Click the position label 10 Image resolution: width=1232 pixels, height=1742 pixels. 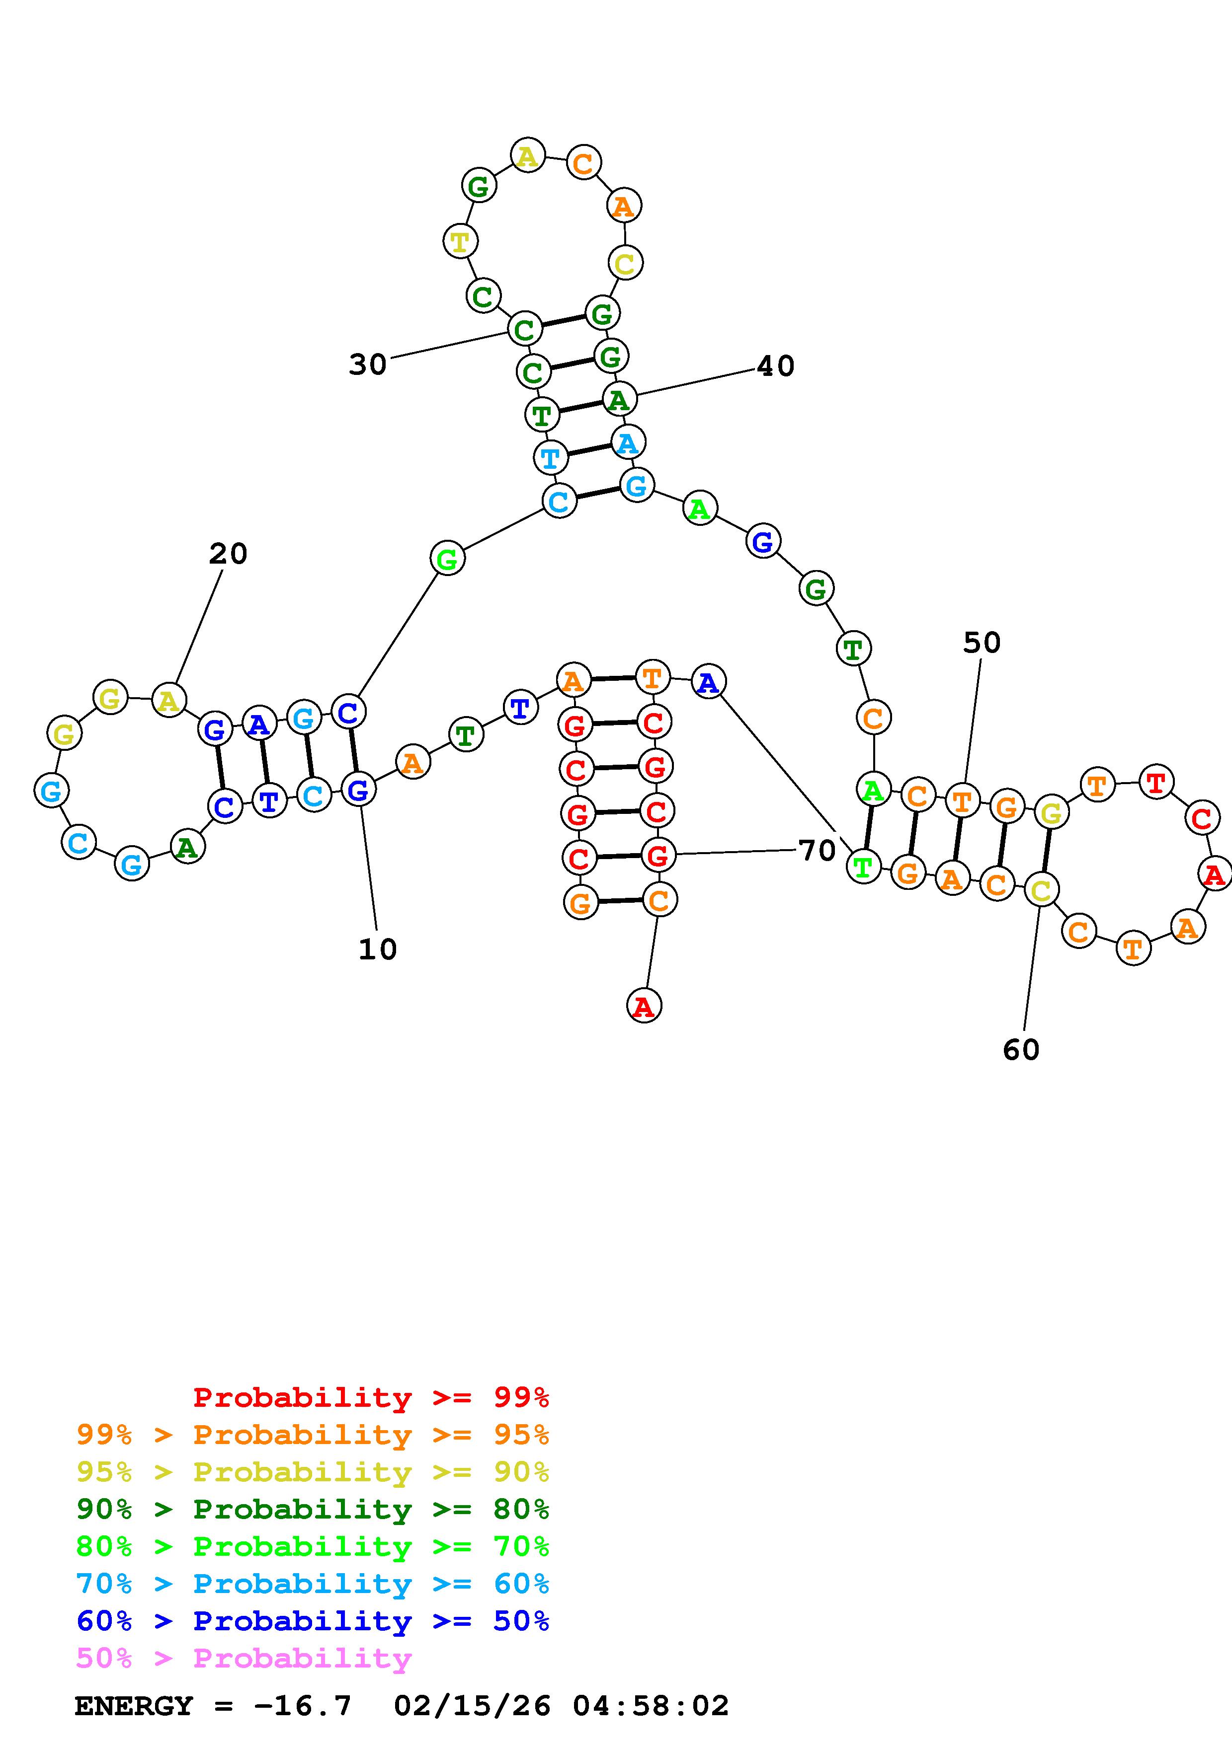[377, 949]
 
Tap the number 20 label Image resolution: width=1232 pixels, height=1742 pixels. [228, 554]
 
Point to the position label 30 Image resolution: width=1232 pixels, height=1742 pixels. [367, 365]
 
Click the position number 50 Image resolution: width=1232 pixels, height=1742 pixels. [982, 643]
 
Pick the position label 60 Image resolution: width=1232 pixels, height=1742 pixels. [1021, 1050]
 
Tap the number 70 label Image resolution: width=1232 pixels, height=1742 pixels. [817, 851]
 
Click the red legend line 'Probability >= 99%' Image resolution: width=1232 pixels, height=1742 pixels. [371, 1397]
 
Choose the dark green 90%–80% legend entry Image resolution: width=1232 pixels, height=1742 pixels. [313, 1509]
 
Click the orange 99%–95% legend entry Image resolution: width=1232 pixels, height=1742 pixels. [313, 1435]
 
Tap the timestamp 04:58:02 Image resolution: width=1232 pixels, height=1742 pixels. [651, 1706]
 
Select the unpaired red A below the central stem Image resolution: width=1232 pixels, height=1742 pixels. [644, 1006]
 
